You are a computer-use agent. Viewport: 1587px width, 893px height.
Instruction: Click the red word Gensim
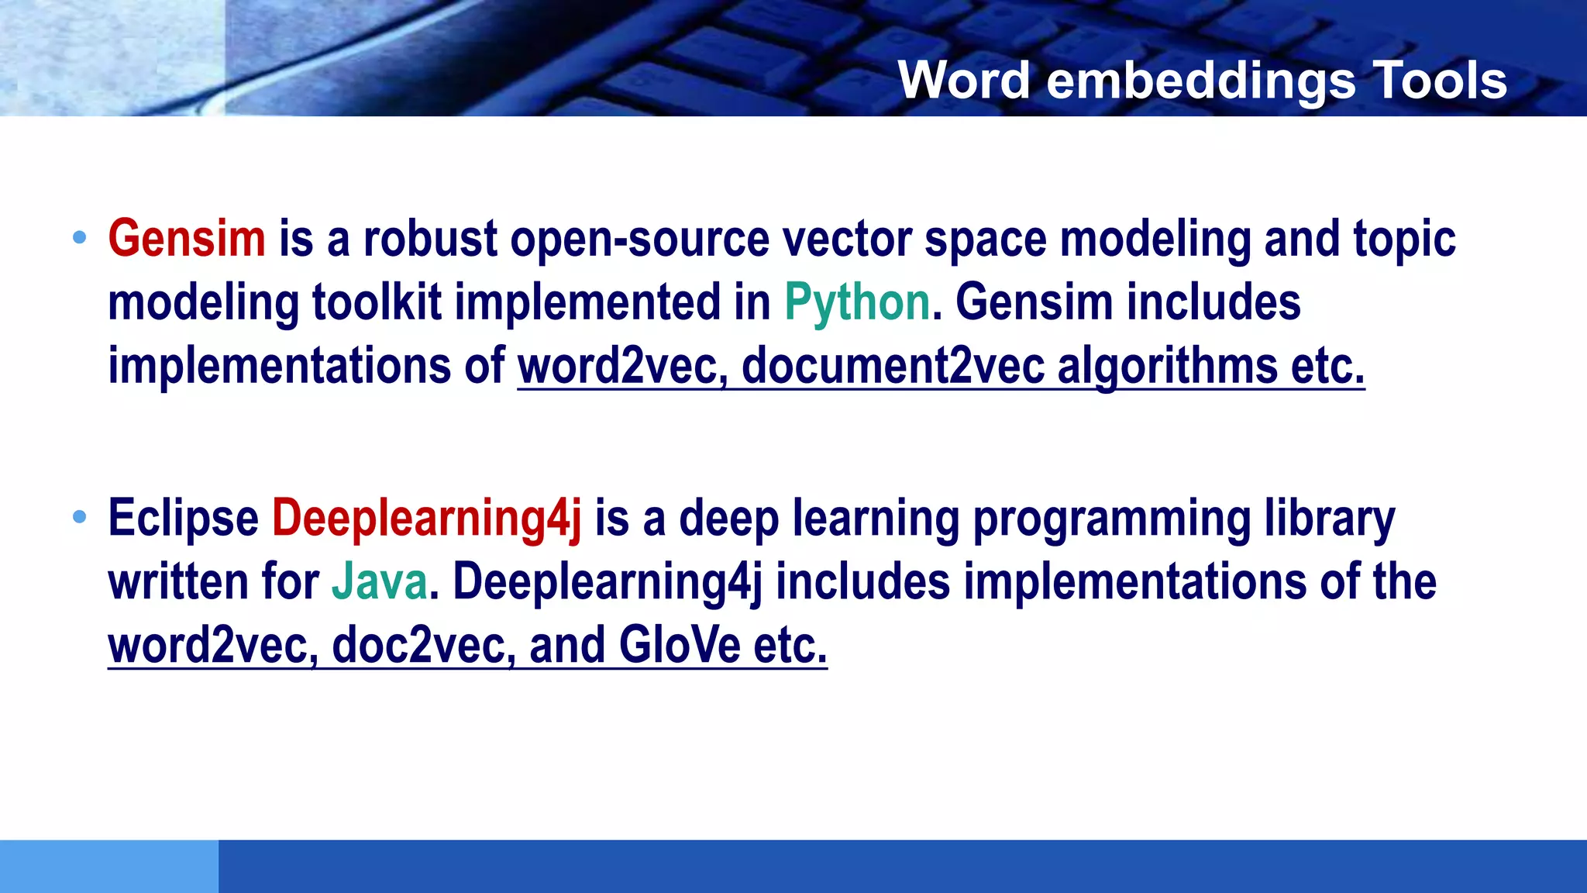pyautogui.click(x=187, y=239)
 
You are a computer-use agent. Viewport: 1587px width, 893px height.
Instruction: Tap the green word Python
pyautogui.click(x=857, y=303)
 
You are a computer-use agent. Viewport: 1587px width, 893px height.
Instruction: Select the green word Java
pyautogui.click(x=380, y=582)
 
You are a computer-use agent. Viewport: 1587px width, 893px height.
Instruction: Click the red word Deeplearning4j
pyautogui.click(x=426, y=519)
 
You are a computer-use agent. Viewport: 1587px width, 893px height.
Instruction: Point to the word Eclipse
pyautogui.click(x=183, y=519)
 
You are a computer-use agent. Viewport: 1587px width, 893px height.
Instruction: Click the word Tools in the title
pyautogui.click(x=1439, y=80)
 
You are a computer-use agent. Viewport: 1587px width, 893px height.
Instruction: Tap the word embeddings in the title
pyautogui.click(x=1200, y=80)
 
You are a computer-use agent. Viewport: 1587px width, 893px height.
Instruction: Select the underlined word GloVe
pyautogui.click(x=680, y=645)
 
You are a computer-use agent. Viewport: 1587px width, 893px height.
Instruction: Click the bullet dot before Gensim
pyautogui.click(x=79, y=238)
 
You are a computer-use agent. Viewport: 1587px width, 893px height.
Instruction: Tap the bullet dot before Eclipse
pyautogui.click(x=79, y=517)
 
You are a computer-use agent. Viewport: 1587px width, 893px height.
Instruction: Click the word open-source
pyautogui.click(x=639, y=239)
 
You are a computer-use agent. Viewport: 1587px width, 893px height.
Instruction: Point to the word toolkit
pyautogui.click(x=377, y=302)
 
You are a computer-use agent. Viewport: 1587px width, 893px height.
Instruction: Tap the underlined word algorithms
pyautogui.click(x=1167, y=366)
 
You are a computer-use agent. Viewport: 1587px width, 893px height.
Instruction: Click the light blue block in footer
pyautogui.click(x=108, y=866)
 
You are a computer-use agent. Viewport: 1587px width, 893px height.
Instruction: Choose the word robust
pyautogui.click(x=430, y=239)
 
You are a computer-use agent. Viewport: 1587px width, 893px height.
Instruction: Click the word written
pyautogui.click(x=177, y=582)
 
